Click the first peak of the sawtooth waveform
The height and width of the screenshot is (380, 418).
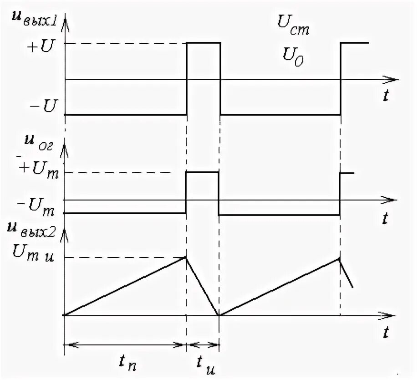pos(186,257)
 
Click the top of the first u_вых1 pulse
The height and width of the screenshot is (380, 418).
pos(203,43)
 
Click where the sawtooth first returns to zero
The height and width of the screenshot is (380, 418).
pos(219,315)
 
